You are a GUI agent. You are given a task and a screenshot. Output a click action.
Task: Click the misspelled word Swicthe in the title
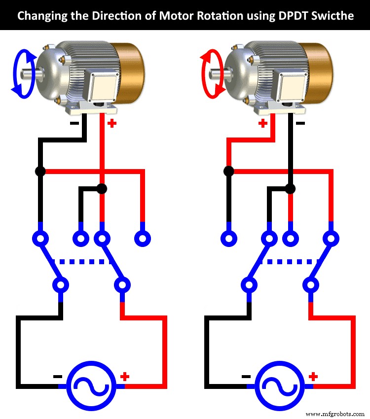click(334, 15)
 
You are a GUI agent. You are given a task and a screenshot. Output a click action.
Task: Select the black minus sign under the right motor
click(300, 123)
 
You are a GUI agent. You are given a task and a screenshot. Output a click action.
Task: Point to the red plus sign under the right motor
click(262, 123)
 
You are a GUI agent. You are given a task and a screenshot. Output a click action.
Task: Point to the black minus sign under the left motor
click(74, 123)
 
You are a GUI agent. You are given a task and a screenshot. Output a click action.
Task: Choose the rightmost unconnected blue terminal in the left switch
click(143, 239)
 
